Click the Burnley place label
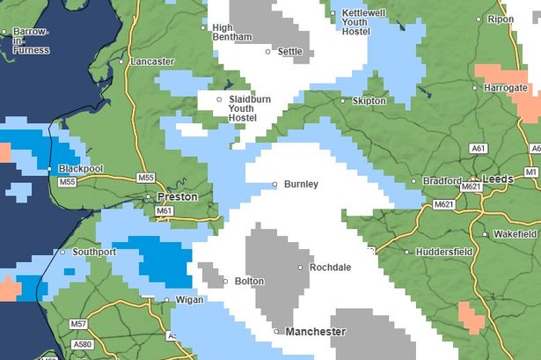coord(301,185)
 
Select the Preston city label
coord(177,197)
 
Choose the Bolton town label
coord(249,282)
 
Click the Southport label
coord(94,253)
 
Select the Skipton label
coord(369,101)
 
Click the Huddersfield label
coord(443,252)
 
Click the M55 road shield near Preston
coord(146,179)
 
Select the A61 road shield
coord(479,149)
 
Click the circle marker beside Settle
coord(269,52)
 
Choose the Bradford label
coord(441,181)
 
